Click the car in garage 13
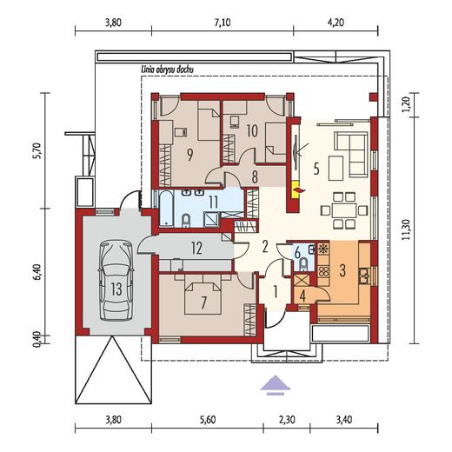[116, 280]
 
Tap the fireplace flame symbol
[299, 189]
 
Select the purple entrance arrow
[275, 385]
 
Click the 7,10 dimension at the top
[223, 23]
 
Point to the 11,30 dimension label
[407, 229]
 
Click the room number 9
[189, 155]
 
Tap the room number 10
[252, 131]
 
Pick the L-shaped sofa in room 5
[352, 154]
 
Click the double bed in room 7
[203, 295]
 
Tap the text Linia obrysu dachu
[167, 70]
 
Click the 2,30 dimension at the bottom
[286, 420]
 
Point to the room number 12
[196, 249]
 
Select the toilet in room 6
[303, 264]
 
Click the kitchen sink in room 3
[363, 276]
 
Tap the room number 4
[302, 296]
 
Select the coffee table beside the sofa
[336, 168]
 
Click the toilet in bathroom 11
[186, 220]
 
